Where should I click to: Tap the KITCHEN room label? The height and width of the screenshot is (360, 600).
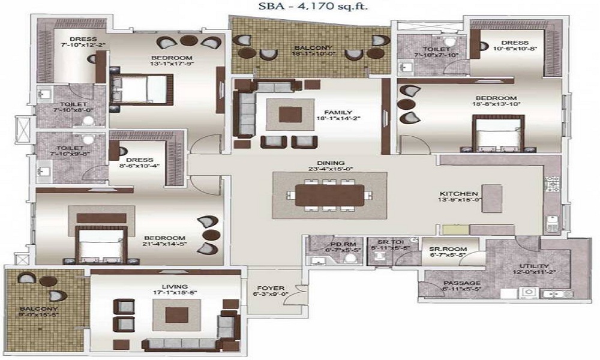coord(459,194)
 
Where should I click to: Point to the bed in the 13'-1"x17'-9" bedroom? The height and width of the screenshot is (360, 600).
coord(143,89)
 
